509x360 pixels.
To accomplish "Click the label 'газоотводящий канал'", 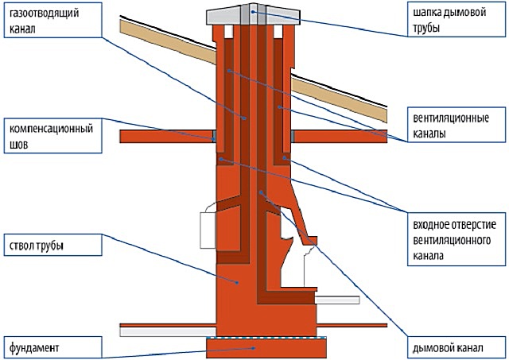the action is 53,20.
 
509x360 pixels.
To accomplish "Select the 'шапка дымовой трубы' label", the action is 457,19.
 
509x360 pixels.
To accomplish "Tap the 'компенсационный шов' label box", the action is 53,136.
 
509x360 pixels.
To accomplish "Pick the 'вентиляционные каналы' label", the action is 457,126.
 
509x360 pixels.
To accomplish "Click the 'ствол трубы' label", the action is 53,246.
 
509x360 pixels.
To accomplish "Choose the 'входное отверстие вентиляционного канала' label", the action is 457,239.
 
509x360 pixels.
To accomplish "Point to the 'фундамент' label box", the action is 53,347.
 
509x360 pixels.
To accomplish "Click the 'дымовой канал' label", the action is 457,347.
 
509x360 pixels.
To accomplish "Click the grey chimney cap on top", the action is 253,14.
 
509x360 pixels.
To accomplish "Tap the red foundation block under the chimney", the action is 266,348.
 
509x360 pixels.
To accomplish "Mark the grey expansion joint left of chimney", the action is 214,136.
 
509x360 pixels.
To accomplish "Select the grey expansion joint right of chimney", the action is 293,136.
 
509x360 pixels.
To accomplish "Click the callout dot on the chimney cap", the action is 253,12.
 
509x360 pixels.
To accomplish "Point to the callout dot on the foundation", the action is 254,348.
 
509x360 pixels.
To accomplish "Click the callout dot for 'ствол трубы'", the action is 237,283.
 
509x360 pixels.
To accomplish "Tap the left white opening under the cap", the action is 228,32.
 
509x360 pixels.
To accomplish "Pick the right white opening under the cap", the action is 278,32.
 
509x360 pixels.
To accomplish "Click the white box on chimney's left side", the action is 208,230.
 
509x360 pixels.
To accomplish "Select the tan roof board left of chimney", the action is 168,41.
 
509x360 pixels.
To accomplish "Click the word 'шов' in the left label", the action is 19,145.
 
